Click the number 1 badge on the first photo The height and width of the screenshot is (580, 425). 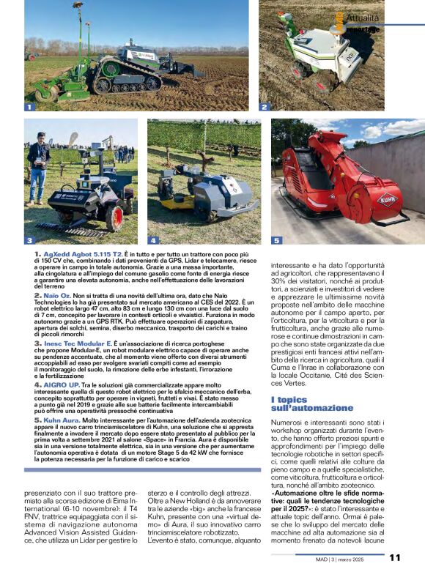(x=30, y=107)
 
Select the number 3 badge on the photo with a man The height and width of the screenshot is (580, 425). (x=29, y=240)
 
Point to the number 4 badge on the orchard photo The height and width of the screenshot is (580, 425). (x=153, y=240)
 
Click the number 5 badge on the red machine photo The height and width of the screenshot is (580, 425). (x=277, y=240)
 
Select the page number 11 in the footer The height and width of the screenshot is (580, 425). (x=395, y=557)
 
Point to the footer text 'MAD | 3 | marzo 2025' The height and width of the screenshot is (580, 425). (x=350, y=558)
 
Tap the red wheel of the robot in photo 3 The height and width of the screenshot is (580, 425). (x=114, y=218)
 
